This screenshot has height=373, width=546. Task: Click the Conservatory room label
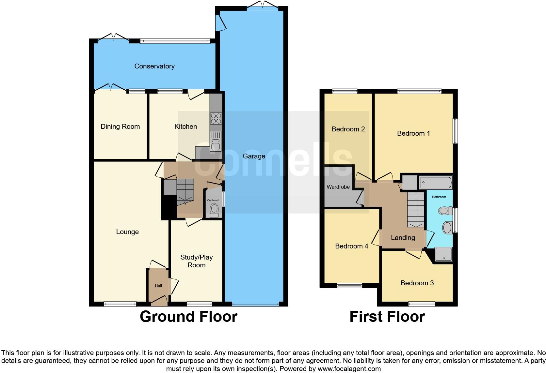tap(154, 66)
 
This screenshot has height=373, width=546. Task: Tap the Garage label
tap(254, 156)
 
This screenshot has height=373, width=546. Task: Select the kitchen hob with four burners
tap(216, 118)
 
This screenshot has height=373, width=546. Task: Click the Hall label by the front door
tap(158, 286)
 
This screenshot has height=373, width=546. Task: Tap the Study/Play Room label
tap(196, 261)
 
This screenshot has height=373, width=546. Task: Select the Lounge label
tap(127, 232)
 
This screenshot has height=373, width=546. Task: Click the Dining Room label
tap(120, 127)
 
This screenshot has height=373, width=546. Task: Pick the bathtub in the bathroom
tap(436, 182)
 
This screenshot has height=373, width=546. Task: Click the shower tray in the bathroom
tap(444, 254)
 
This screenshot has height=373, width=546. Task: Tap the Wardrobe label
tap(338, 187)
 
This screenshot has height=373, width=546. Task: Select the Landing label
tap(403, 238)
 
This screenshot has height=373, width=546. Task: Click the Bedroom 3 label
tap(417, 283)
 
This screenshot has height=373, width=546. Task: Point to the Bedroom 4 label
tap(351, 246)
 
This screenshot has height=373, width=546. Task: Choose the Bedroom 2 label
tap(348, 129)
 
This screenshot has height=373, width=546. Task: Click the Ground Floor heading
tap(188, 317)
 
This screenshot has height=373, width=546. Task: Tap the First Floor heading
tap(387, 317)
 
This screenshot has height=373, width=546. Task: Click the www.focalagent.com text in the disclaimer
tap(349, 369)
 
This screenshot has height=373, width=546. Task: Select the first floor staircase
tap(415, 210)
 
